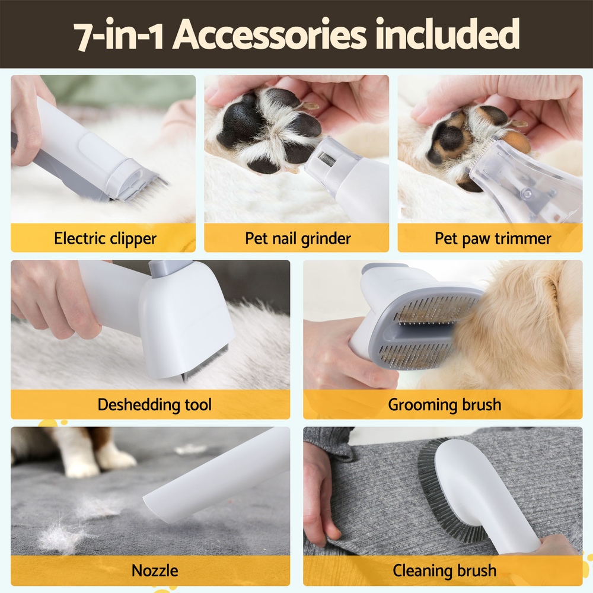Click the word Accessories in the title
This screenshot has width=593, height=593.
tap(270, 36)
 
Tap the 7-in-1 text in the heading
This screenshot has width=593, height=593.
tap(120, 36)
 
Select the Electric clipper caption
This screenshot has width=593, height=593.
tap(105, 239)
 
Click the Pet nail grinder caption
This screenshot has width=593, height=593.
tap(298, 239)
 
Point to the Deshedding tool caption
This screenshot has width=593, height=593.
tap(154, 405)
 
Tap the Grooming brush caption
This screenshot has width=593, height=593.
tap(444, 405)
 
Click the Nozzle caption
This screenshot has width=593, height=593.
tap(154, 570)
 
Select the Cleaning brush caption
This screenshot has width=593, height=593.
tap(444, 570)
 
